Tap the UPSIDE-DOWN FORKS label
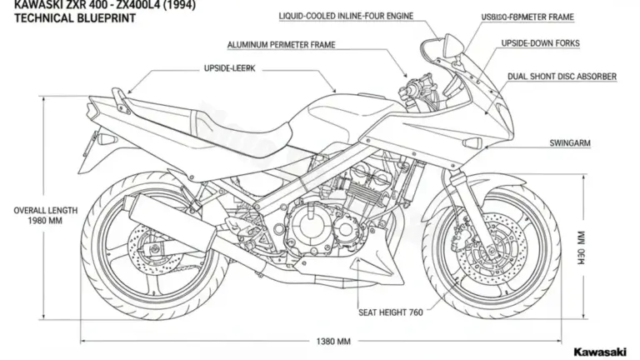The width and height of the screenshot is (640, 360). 541,42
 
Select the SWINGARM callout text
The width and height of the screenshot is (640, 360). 570,143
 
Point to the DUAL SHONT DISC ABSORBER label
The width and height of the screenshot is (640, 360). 562,77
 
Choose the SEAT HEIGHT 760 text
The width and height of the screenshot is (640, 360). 391,312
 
